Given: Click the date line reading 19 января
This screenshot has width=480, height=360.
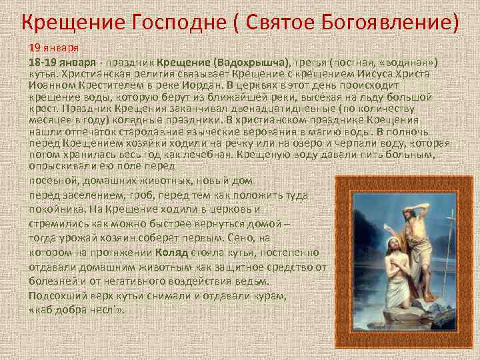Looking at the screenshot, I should pos(53,49).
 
